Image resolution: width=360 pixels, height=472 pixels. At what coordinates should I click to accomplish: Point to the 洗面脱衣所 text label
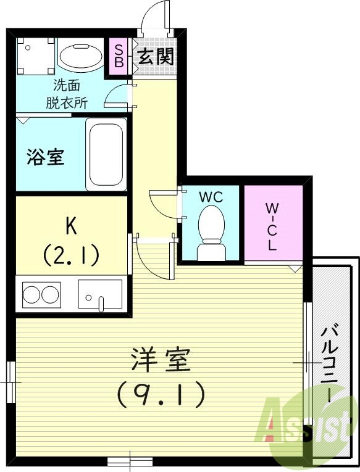(x=66, y=94)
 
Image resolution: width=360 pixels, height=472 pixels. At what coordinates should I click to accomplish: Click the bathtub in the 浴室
(x=106, y=152)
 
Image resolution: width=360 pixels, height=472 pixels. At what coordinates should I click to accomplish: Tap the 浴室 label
(x=45, y=157)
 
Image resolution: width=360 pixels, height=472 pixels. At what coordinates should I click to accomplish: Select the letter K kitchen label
(x=71, y=226)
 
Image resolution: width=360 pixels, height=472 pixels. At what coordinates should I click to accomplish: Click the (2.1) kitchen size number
(x=71, y=253)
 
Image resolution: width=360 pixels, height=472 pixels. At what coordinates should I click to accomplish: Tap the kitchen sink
(x=99, y=294)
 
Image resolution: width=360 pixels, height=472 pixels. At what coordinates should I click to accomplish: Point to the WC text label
(x=211, y=197)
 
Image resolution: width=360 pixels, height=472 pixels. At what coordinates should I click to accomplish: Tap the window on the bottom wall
(x=130, y=461)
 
